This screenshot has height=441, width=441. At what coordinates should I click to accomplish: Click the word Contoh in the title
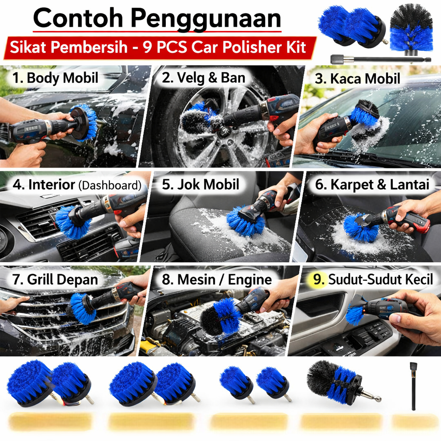(x=78, y=18)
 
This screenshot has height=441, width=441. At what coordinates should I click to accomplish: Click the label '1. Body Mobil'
(x=55, y=78)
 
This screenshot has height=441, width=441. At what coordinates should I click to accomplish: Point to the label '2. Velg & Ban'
(x=204, y=78)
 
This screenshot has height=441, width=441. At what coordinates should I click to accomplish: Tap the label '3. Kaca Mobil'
(x=357, y=78)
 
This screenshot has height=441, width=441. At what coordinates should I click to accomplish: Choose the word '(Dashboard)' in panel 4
(x=110, y=185)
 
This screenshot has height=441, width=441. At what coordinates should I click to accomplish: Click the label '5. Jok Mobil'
(x=201, y=184)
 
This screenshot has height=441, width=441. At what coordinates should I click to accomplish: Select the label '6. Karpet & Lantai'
(x=372, y=184)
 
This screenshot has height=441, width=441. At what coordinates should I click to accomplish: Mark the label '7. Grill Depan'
(x=55, y=280)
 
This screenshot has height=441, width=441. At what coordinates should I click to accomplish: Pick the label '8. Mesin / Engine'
(x=217, y=280)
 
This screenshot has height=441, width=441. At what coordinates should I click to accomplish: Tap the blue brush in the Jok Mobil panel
(x=244, y=221)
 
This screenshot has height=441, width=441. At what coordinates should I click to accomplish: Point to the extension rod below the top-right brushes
(x=381, y=59)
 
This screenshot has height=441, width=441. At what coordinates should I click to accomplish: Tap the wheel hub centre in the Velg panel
(x=224, y=130)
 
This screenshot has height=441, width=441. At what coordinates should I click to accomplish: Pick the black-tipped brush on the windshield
(x=365, y=113)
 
